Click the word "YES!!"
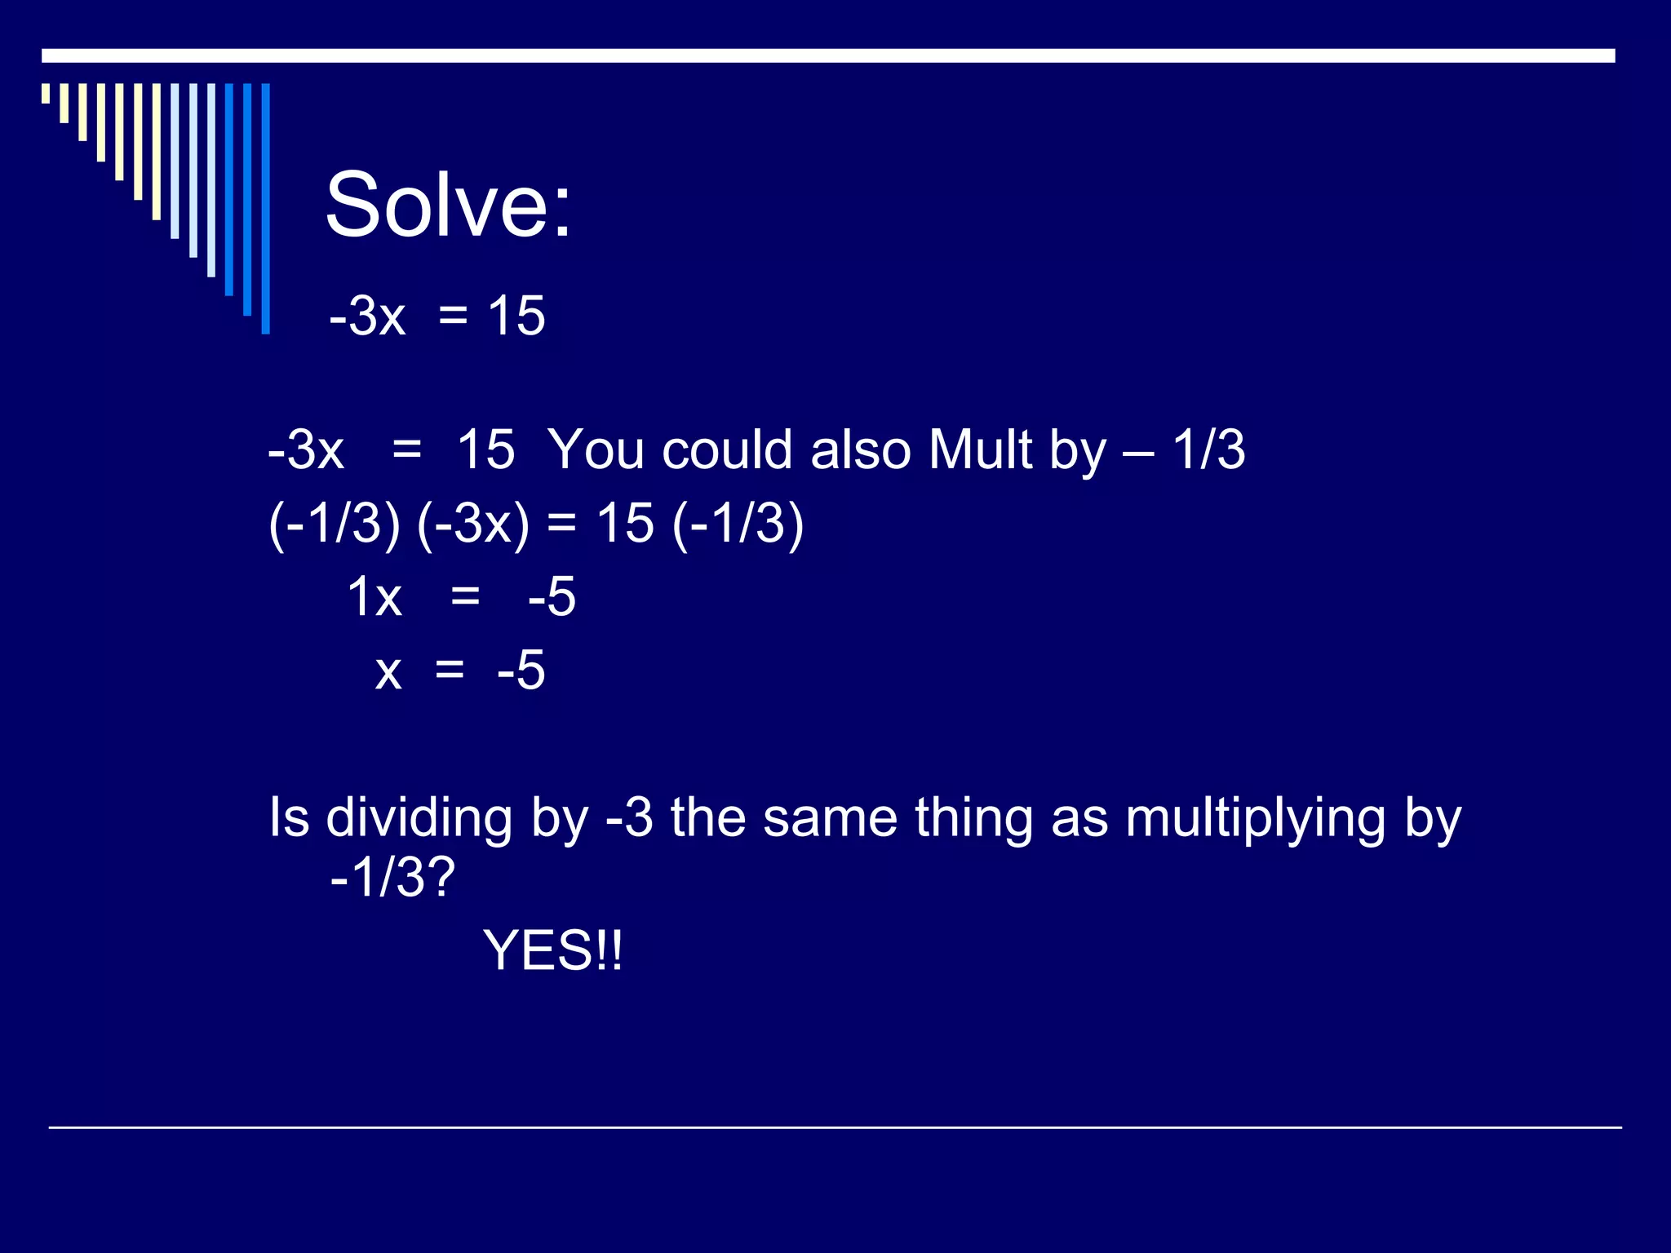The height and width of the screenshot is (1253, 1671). click(x=552, y=950)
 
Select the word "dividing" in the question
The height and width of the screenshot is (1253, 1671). click(x=419, y=818)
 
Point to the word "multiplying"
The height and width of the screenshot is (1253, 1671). click(x=1255, y=818)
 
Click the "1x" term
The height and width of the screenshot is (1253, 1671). click(x=375, y=596)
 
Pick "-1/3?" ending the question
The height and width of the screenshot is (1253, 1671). click(x=392, y=878)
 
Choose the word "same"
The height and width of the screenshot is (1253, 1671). click(x=830, y=818)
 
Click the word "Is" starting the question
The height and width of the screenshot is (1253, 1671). click(x=289, y=818)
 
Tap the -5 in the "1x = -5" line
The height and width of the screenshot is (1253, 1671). click(x=552, y=596)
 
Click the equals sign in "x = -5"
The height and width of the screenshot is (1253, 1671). click(x=450, y=670)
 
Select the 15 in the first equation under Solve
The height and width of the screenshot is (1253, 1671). click(x=516, y=316)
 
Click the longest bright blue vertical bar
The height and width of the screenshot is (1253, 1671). click(x=265, y=209)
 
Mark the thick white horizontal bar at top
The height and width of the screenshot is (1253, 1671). click(x=828, y=55)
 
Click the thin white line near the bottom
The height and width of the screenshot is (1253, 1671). click(x=835, y=1127)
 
